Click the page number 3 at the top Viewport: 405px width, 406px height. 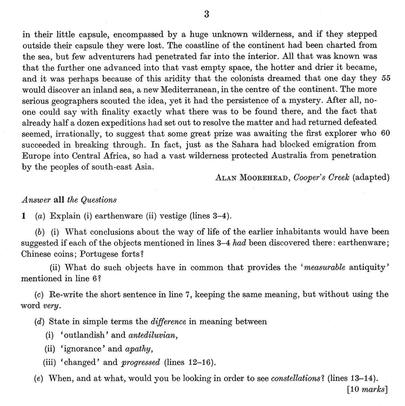click(x=206, y=15)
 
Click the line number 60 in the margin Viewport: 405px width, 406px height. click(x=385, y=133)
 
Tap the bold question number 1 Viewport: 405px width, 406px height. click(x=24, y=217)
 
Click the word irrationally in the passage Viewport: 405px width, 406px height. click(x=73, y=133)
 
